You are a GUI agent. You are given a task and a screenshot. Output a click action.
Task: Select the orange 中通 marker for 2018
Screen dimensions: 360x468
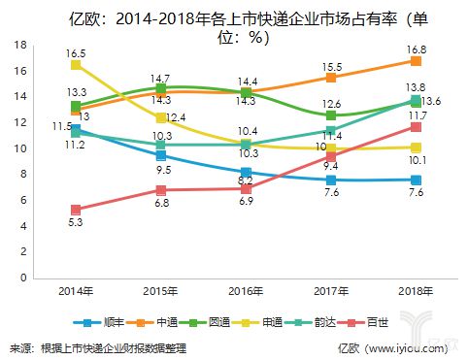coord(416,61)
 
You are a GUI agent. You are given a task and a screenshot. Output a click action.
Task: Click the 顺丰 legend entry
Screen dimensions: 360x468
coord(109,321)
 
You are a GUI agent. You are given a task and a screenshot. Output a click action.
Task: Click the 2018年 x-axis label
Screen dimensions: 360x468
coord(416,290)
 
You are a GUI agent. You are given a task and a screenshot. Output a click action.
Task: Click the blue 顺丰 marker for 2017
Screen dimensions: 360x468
coord(331,180)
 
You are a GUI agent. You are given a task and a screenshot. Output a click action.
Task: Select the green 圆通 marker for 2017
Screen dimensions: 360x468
coord(331,115)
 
